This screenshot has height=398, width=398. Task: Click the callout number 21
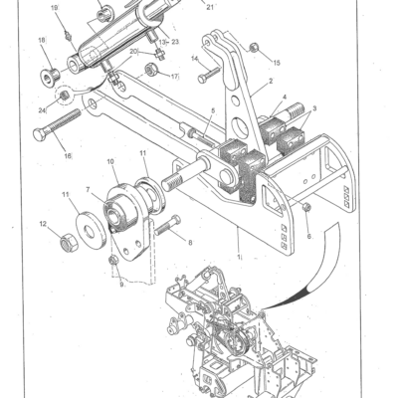pos(210,6)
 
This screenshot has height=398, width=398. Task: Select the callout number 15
pos(276,62)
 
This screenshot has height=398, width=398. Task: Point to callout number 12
pos(44,225)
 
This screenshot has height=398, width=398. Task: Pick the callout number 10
pos(110,161)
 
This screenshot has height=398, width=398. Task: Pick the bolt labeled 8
pos(169,225)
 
